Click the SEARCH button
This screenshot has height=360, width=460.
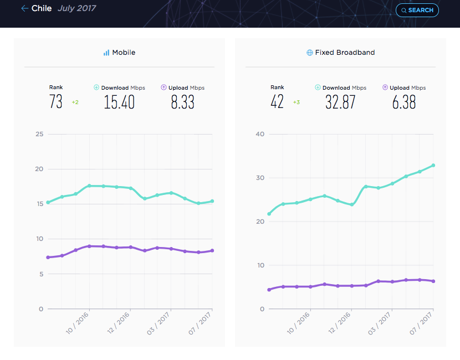coord(417,11)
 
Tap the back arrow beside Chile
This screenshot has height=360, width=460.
coord(24,8)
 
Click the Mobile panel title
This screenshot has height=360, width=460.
coord(124,53)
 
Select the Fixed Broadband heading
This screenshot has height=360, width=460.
coord(345,53)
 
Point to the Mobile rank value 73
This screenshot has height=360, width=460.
coord(56,102)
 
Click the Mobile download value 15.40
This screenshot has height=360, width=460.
coord(119,102)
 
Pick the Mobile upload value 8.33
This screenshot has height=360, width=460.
coord(182,102)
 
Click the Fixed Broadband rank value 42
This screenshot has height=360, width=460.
coord(277,102)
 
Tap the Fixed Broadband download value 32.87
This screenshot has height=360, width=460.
coord(340,102)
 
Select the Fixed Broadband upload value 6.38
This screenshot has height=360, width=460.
coord(404,102)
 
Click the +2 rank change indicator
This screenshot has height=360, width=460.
coord(75,102)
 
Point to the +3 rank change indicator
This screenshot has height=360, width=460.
coord(297,102)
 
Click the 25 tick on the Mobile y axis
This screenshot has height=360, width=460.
coord(39,134)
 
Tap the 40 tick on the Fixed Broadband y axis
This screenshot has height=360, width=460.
coord(260,134)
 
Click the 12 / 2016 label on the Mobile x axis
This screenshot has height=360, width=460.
coord(118,323)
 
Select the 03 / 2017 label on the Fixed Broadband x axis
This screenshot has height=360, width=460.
coord(379,323)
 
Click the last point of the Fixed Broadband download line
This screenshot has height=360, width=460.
coord(433,166)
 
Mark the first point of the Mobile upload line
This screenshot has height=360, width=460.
coord(48,258)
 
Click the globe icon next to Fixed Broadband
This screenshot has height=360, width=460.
coord(309,53)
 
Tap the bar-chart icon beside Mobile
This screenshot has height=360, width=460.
coord(106,53)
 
